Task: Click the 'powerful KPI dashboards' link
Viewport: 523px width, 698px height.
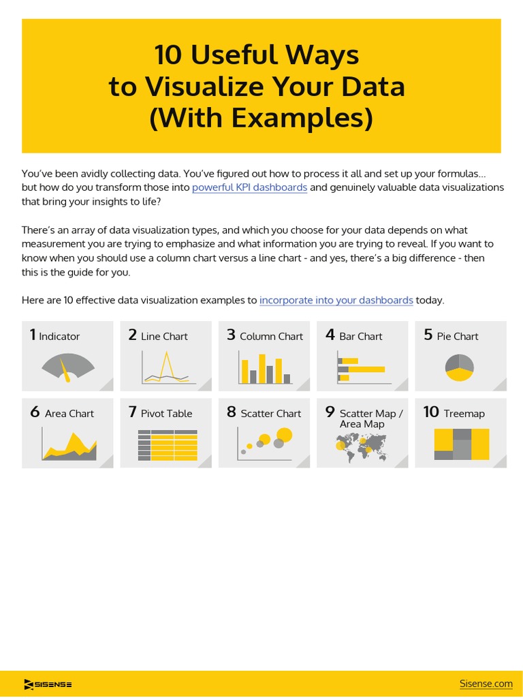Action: [249, 187]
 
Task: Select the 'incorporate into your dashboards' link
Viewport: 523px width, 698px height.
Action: [336, 300]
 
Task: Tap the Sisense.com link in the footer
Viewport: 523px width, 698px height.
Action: [486, 684]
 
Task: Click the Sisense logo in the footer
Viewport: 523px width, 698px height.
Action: [48, 684]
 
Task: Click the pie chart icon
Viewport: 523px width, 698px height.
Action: [459, 367]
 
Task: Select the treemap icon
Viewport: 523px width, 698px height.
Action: [461, 444]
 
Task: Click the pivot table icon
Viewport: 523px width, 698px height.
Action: [167, 445]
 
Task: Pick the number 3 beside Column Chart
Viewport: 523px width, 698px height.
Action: [231, 335]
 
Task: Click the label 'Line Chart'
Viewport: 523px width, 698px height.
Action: [164, 336]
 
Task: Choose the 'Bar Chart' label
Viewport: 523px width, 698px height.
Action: [360, 336]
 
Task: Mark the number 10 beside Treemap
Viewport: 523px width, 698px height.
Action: [430, 412]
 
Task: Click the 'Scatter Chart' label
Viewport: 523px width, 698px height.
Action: [270, 413]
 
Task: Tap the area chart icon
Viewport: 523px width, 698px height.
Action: [69, 445]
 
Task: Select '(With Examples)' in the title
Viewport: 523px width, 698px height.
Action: [261, 117]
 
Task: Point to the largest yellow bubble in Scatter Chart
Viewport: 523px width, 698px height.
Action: [285, 434]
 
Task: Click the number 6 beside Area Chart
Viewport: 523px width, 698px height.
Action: [35, 412]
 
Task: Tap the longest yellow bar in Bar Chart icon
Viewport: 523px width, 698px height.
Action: [366, 369]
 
